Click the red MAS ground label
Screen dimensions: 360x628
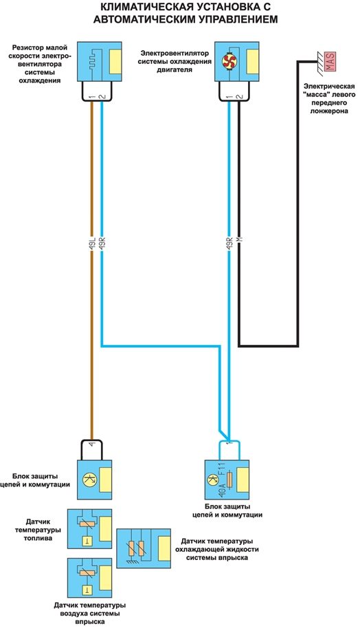(x=330, y=62)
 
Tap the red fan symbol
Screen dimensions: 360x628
(x=230, y=61)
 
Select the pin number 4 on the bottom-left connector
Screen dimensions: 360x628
(x=93, y=444)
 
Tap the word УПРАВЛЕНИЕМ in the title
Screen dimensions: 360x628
(x=232, y=19)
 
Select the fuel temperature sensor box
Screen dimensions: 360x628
(x=89, y=528)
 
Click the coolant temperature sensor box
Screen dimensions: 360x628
(x=144, y=548)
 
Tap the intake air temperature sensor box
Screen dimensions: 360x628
(x=89, y=578)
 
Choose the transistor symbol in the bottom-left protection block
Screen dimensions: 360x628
(x=90, y=479)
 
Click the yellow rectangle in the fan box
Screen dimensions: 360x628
(x=253, y=62)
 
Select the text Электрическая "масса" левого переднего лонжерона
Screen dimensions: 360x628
(x=329, y=98)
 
